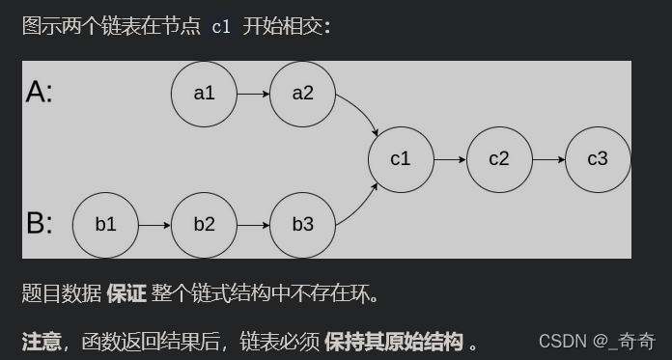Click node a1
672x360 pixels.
point(204,94)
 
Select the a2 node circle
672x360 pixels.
point(302,94)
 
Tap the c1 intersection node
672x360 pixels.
point(401,159)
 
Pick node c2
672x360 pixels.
point(499,159)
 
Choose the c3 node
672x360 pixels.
point(598,159)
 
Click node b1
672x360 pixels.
point(105,225)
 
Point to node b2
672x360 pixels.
point(204,225)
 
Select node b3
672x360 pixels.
point(302,225)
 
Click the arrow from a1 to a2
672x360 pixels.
point(253,94)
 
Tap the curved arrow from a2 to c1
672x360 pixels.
point(362,114)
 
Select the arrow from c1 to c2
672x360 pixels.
point(450,159)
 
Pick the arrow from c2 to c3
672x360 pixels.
point(548,159)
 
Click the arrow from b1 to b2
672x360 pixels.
point(154,225)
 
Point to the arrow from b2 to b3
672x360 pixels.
point(253,225)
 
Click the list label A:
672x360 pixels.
point(40,92)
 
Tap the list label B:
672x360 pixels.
point(40,224)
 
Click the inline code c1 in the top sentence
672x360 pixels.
point(220,26)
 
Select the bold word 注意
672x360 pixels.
point(42,341)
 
